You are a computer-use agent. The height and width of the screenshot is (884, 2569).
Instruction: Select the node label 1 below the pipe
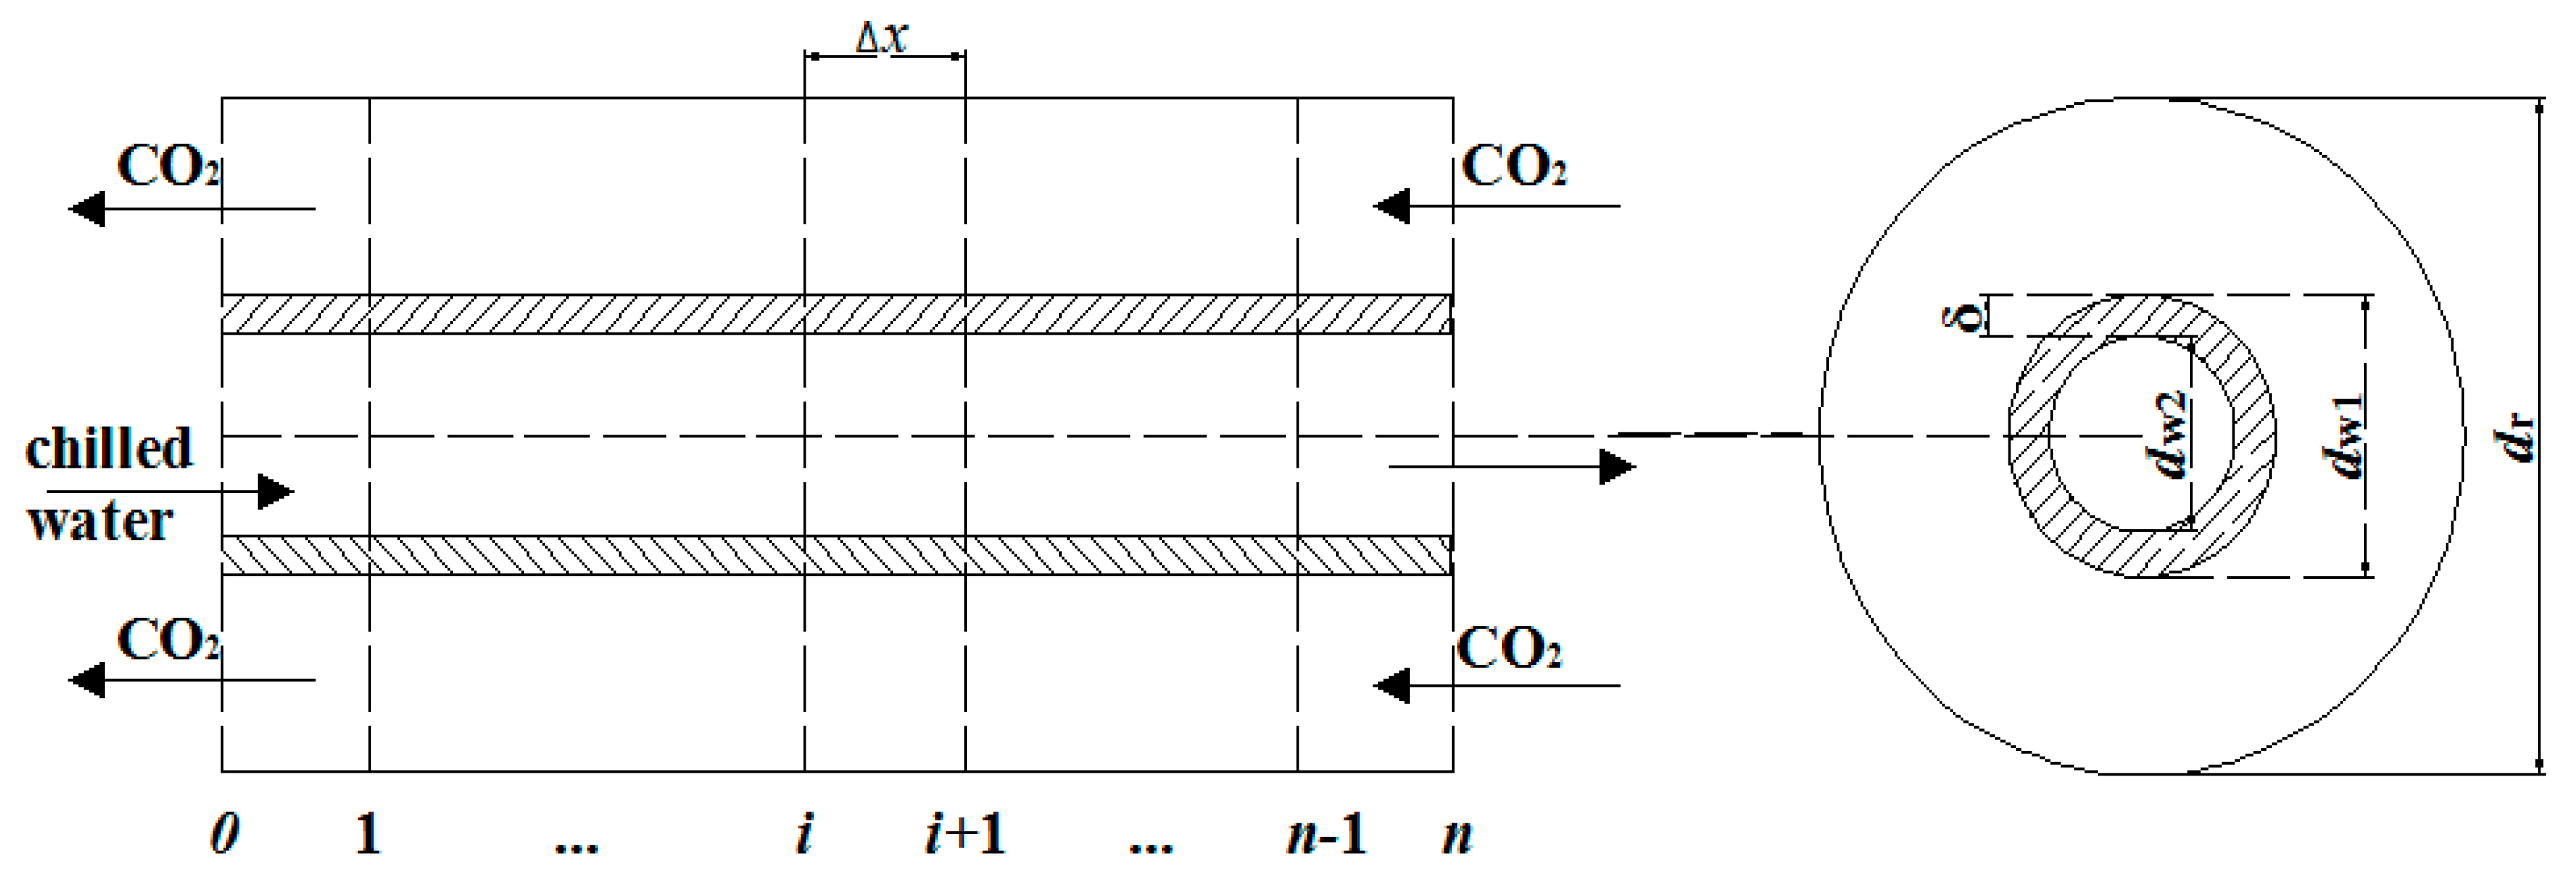pyautogui.click(x=368, y=834)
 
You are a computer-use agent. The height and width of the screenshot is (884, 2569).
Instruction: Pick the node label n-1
pyautogui.click(x=1326, y=834)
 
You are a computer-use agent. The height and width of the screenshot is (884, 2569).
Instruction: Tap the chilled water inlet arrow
pyautogui.click(x=170, y=492)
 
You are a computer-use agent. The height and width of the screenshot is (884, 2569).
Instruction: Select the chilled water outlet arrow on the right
pyautogui.click(x=1511, y=466)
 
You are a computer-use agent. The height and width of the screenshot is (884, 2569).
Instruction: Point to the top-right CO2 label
pyautogui.click(x=1512, y=167)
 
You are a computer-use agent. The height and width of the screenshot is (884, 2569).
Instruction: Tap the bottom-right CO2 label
pyautogui.click(x=1508, y=649)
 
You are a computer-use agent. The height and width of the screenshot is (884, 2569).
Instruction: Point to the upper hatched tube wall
pyautogui.click(x=836, y=314)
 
